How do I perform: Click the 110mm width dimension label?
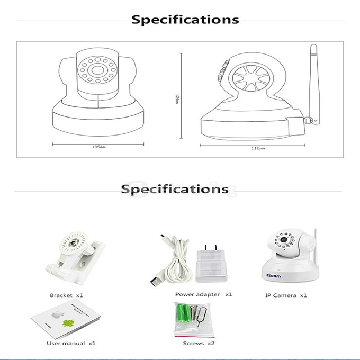tap(257, 148)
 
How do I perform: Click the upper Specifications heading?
tap(185, 20)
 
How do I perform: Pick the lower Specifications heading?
tap(175, 189)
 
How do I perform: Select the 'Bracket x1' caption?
tap(66, 295)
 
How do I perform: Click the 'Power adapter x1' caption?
tap(203, 294)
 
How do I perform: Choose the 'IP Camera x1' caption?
tap(286, 295)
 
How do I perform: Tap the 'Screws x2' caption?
tap(199, 344)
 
